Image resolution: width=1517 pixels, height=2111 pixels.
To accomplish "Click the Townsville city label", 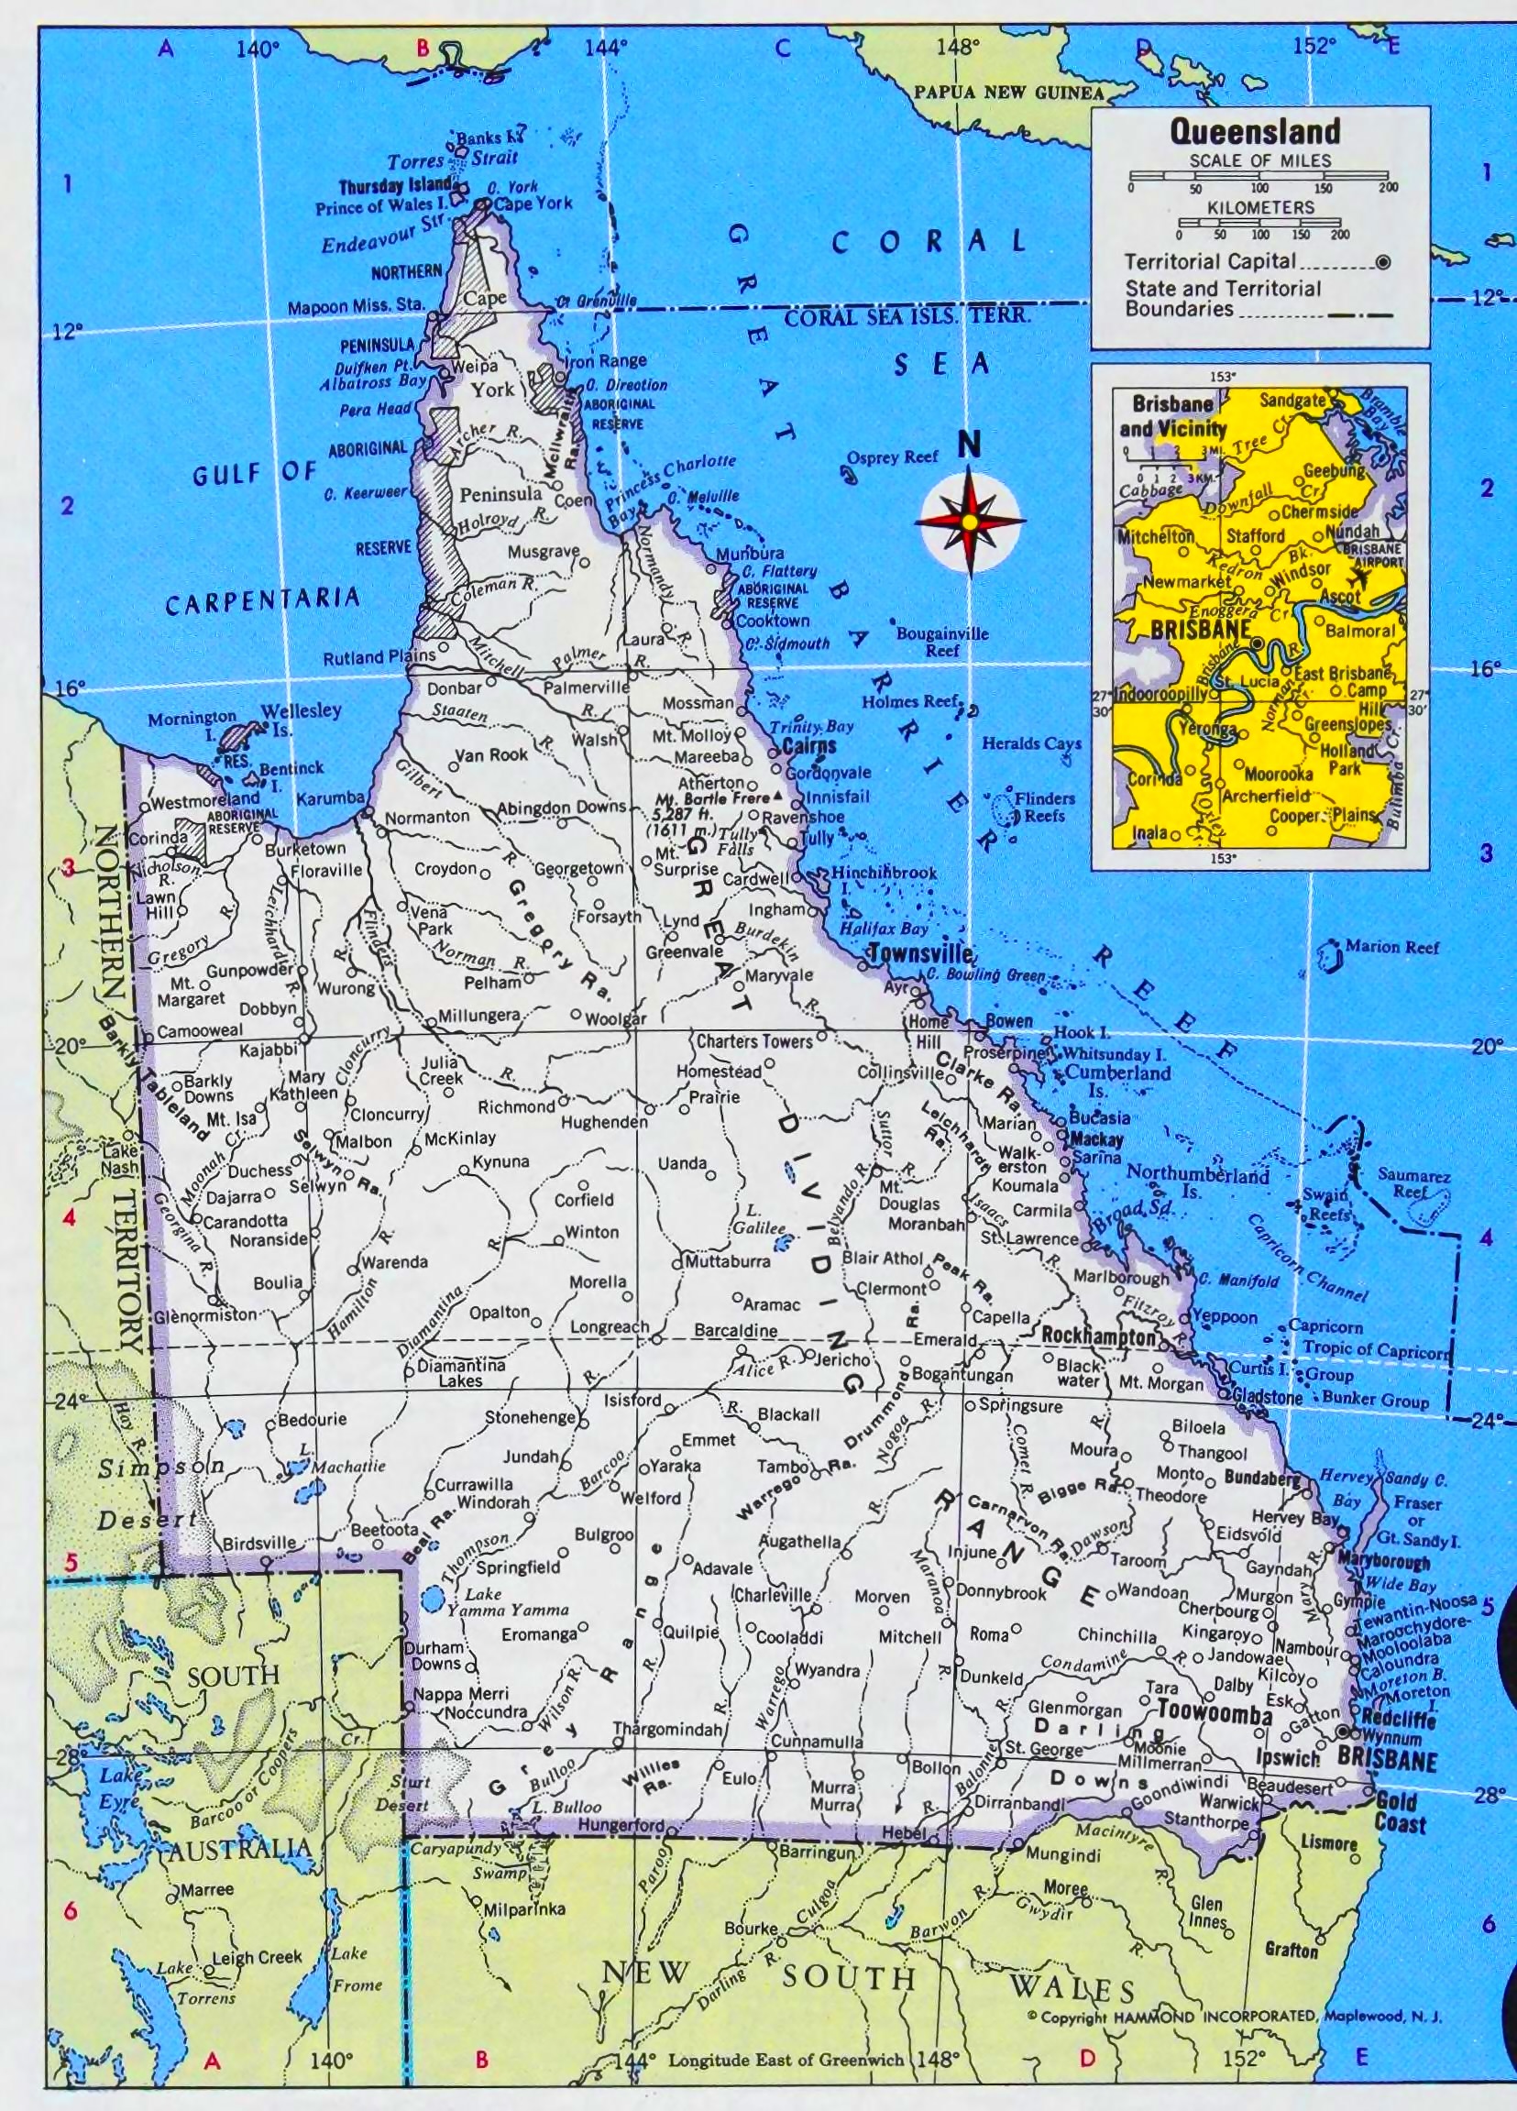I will (x=919, y=953).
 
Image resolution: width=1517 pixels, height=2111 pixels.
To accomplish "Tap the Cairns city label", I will (x=808, y=746).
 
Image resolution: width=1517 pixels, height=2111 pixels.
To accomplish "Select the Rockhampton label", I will (x=1098, y=1336).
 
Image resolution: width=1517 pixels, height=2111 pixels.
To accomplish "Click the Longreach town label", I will (x=610, y=1326).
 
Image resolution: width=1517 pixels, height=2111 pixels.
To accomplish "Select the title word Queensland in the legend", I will (x=1255, y=131).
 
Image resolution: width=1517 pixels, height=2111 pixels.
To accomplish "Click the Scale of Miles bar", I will (x=1259, y=176).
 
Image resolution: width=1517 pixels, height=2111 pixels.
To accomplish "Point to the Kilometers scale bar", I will (x=1259, y=223).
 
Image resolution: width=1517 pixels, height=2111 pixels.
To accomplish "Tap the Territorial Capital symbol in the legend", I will (x=1383, y=262).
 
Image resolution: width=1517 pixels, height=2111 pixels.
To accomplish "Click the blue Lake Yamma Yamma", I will (x=431, y=1601).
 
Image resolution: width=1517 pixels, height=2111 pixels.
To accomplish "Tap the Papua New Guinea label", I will (x=1008, y=93).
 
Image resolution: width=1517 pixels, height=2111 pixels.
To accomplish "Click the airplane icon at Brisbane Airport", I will (x=1361, y=577).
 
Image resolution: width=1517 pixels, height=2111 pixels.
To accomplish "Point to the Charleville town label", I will (x=772, y=1594).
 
